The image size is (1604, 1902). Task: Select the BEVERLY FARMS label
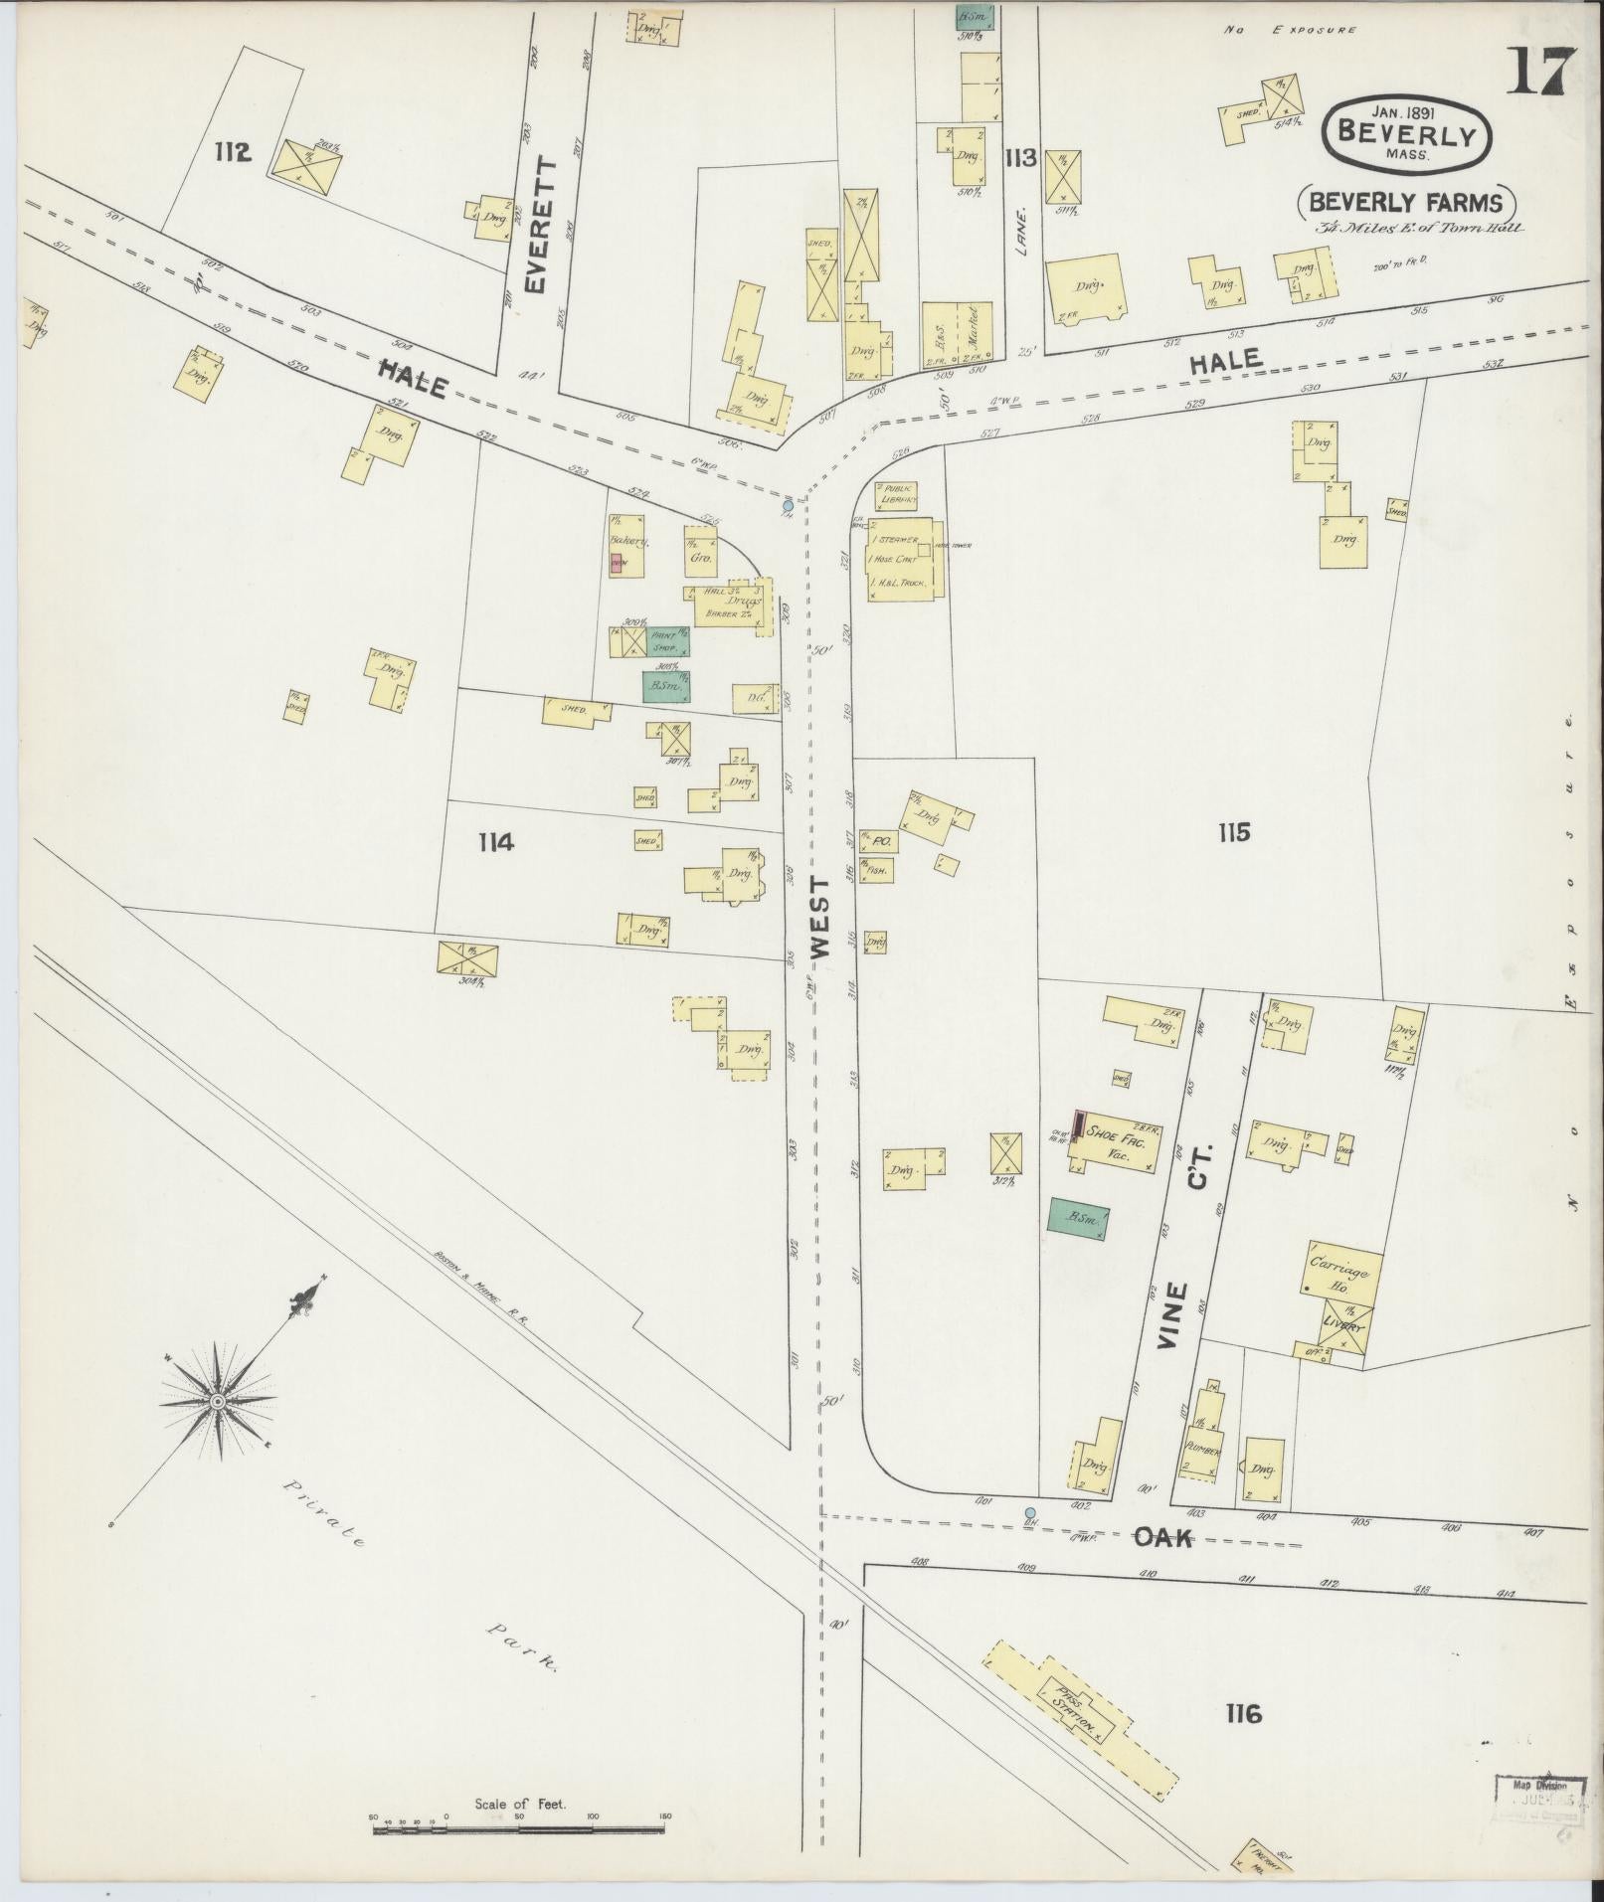click(1406, 202)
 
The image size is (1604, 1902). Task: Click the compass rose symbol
click(217, 1401)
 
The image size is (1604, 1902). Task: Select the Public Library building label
click(896, 495)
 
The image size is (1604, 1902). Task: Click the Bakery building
click(626, 545)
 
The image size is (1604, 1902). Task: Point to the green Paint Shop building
click(662, 640)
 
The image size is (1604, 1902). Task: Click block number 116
click(1243, 1713)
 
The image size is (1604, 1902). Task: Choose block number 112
click(231, 152)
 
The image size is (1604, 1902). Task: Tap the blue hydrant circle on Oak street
click(1029, 1512)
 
